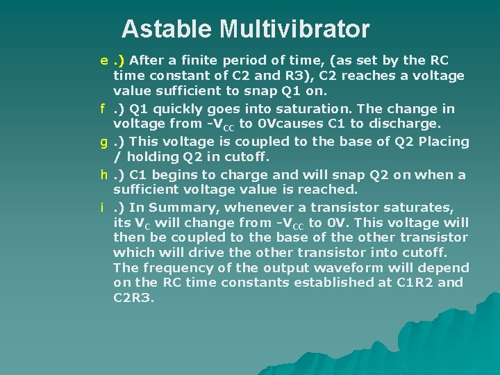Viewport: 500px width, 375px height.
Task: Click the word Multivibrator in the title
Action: coord(294,29)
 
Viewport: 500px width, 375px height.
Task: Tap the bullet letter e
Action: coord(102,60)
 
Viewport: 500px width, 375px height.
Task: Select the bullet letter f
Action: coord(102,108)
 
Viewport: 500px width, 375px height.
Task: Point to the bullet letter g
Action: coord(102,142)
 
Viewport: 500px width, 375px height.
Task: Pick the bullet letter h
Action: coord(102,175)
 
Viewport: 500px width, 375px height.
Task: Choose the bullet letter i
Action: coord(102,208)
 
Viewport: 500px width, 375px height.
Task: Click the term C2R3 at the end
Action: coord(133,298)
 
